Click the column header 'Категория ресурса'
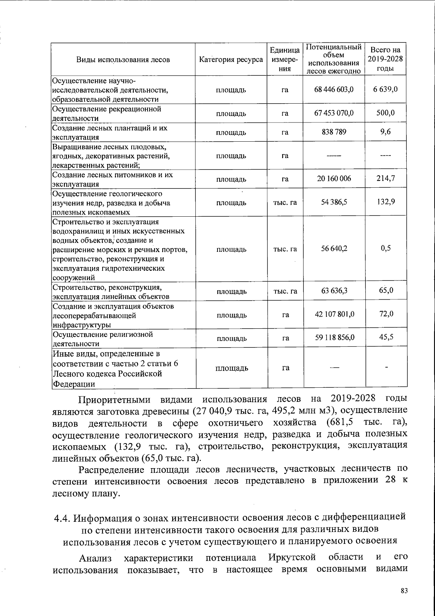(231, 60)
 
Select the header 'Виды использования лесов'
(123, 60)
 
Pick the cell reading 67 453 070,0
(334, 113)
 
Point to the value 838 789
(334, 132)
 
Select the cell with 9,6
(386, 132)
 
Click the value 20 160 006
(334, 179)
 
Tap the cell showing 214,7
(386, 178)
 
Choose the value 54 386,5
(334, 202)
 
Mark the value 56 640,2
(334, 249)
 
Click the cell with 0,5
(386, 249)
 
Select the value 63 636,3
(334, 291)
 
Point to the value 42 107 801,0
(334, 314)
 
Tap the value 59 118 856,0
(334, 338)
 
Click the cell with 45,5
(386, 338)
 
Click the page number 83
(404, 591)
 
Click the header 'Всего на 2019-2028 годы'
(386, 59)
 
